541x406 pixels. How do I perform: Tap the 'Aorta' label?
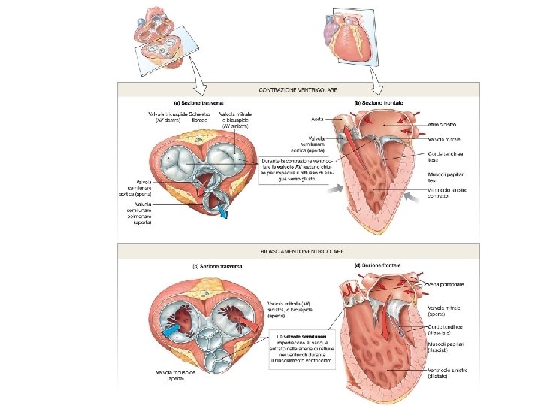[x=317, y=118]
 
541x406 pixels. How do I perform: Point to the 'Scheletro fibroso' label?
[x=199, y=117]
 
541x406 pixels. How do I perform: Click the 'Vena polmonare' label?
[x=445, y=284]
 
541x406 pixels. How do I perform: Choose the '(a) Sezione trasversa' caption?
[x=197, y=103]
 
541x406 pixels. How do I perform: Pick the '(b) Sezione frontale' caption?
[x=379, y=101]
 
